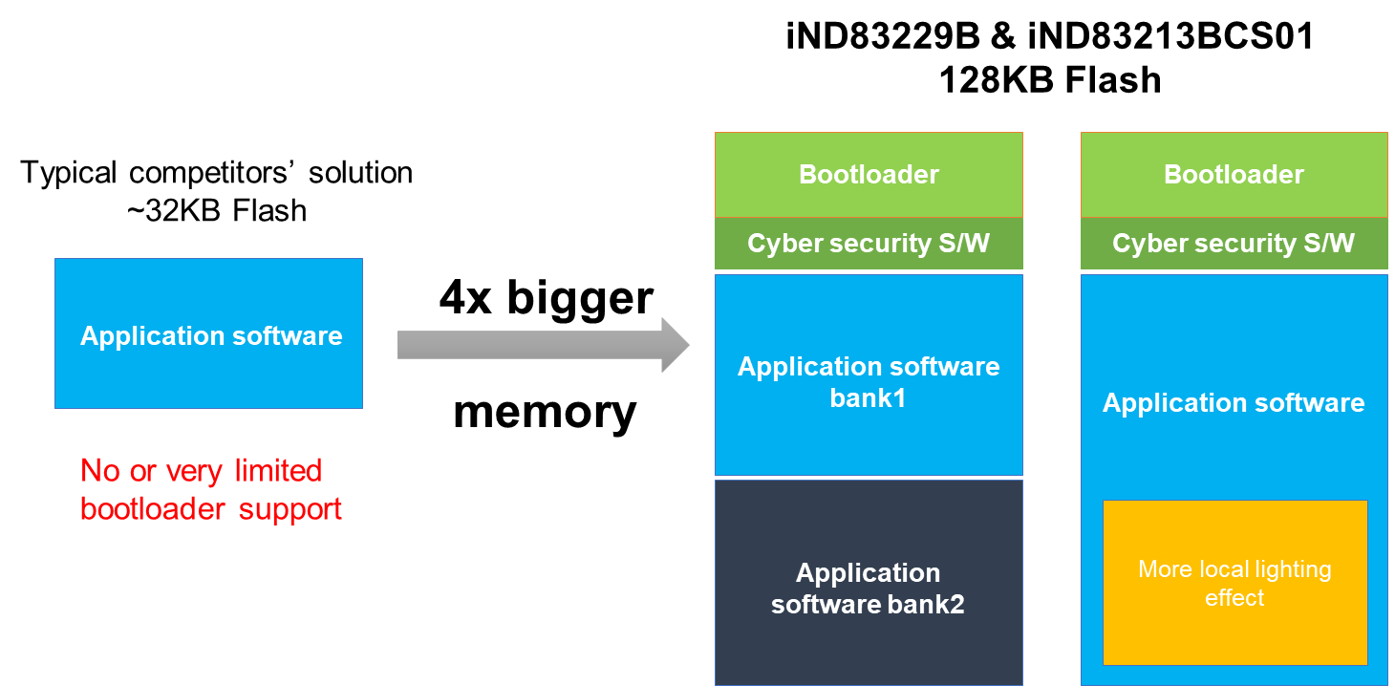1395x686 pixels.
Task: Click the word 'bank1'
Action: [868, 397]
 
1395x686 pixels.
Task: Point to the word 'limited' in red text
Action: [278, 470]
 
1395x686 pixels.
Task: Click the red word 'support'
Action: [290, 509]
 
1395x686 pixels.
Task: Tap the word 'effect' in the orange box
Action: [1234, 598]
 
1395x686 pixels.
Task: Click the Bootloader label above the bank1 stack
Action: [869, 175]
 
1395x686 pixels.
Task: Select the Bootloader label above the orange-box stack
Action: [1234, 175]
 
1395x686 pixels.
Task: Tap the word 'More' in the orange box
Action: [1165, 569]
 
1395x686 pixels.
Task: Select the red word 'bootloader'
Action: [154, 509]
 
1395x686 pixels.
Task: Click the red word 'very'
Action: [196, 470]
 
